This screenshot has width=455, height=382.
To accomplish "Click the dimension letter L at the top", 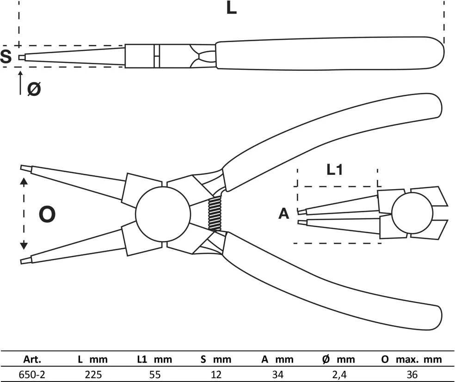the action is tap(231, 8).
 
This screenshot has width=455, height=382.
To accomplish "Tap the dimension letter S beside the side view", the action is tap(6, 56).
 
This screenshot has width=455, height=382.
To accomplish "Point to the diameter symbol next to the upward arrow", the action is tap(34, 88).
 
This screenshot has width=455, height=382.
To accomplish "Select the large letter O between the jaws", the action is tap(47, 214).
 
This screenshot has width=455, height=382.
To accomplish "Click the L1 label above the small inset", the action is tap(335, 170).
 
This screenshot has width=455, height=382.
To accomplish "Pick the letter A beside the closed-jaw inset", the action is tap(284, 214).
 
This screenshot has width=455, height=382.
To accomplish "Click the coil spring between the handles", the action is tap(215, 213).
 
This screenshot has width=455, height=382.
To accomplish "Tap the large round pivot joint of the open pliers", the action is tap(163, 214).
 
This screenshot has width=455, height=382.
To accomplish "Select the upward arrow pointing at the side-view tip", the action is tap(20, 82).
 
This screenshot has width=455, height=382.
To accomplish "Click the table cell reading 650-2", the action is tap(32, 375).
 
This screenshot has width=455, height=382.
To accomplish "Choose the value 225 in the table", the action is tap(93, 375).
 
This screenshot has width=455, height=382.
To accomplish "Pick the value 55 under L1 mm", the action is tap(154, 375).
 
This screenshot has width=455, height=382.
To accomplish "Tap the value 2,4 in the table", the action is tap(339, 375).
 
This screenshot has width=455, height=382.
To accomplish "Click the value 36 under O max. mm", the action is tap(412, 375).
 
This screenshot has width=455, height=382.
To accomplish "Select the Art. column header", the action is tap(32, 359).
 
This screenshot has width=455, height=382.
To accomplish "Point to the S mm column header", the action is tap(216, 359).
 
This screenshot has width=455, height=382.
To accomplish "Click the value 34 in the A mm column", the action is tap(278, 375).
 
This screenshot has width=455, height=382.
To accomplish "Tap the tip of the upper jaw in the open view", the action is tap(21, 168).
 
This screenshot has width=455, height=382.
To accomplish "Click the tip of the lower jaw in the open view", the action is tap(21, 261).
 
